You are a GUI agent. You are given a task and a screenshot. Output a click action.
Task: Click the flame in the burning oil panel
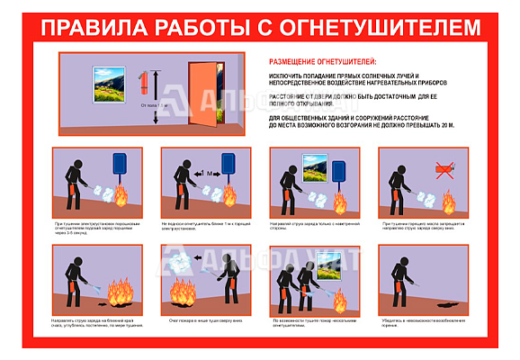click(447, 198)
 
